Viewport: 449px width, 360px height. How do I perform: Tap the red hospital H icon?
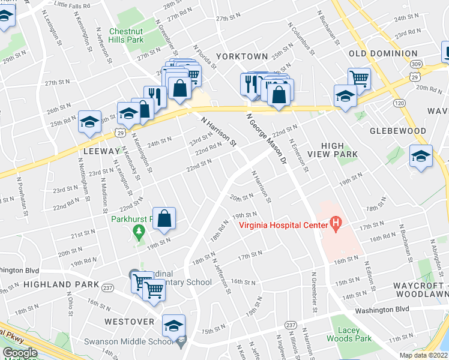click(x=336, y=226)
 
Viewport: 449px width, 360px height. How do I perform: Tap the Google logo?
click(x=20, y=353)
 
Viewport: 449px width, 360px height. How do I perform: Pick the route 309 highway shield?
click(x=414, y=64)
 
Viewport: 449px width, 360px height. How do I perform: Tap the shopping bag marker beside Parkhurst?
click(x=164, y=220)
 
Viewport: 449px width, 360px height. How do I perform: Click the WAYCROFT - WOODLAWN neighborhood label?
click(x=420, y=290)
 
